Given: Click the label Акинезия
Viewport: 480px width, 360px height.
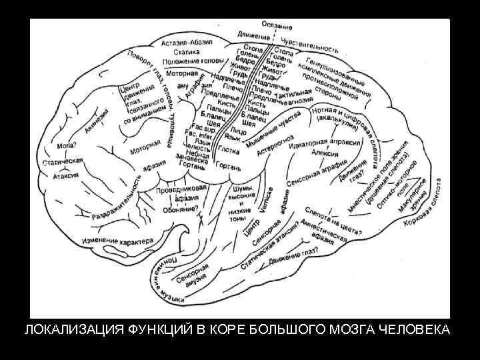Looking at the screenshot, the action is (x=97, y=120).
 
